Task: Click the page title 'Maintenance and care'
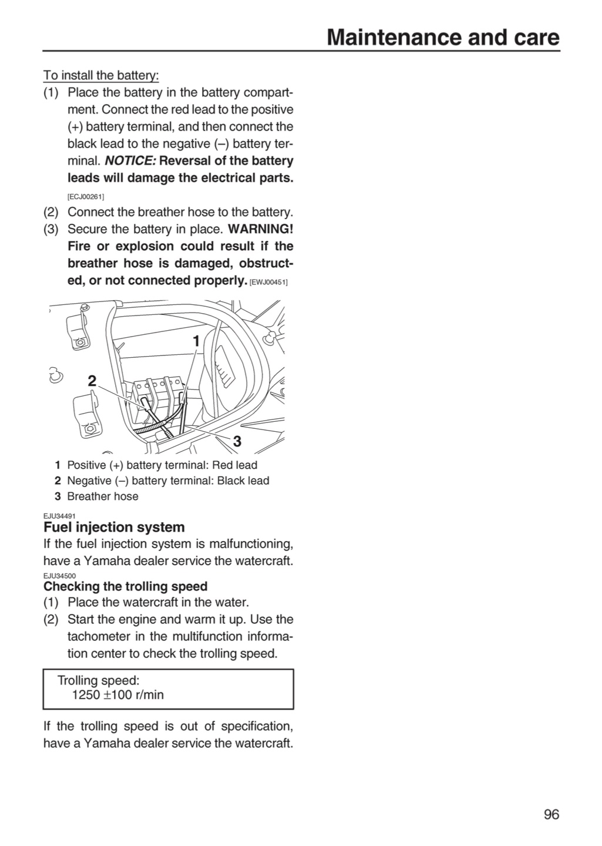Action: (x=443, y=38)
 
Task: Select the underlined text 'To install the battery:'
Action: (x=101, y=76)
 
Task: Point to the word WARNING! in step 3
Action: (x=261, y=229)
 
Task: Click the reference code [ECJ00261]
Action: (x=86, y=197)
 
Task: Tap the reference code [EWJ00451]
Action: (x=269, y=282)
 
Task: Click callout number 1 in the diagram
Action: (x=196, y=341)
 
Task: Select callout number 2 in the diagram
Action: (x=92, y=381)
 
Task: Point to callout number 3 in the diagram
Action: (x=237, y=441)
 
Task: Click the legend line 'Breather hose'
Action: (x=103, y=496)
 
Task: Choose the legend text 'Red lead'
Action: (x=234, y=465)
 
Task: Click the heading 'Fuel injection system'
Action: (x=114, y=527)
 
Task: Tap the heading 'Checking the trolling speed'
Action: (x=125, y=586)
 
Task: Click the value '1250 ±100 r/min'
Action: (x=118, y=695)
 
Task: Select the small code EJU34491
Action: (x=60, y=516)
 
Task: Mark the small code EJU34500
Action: (x=60, y=576)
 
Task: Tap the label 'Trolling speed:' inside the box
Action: (x=99, y=680)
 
